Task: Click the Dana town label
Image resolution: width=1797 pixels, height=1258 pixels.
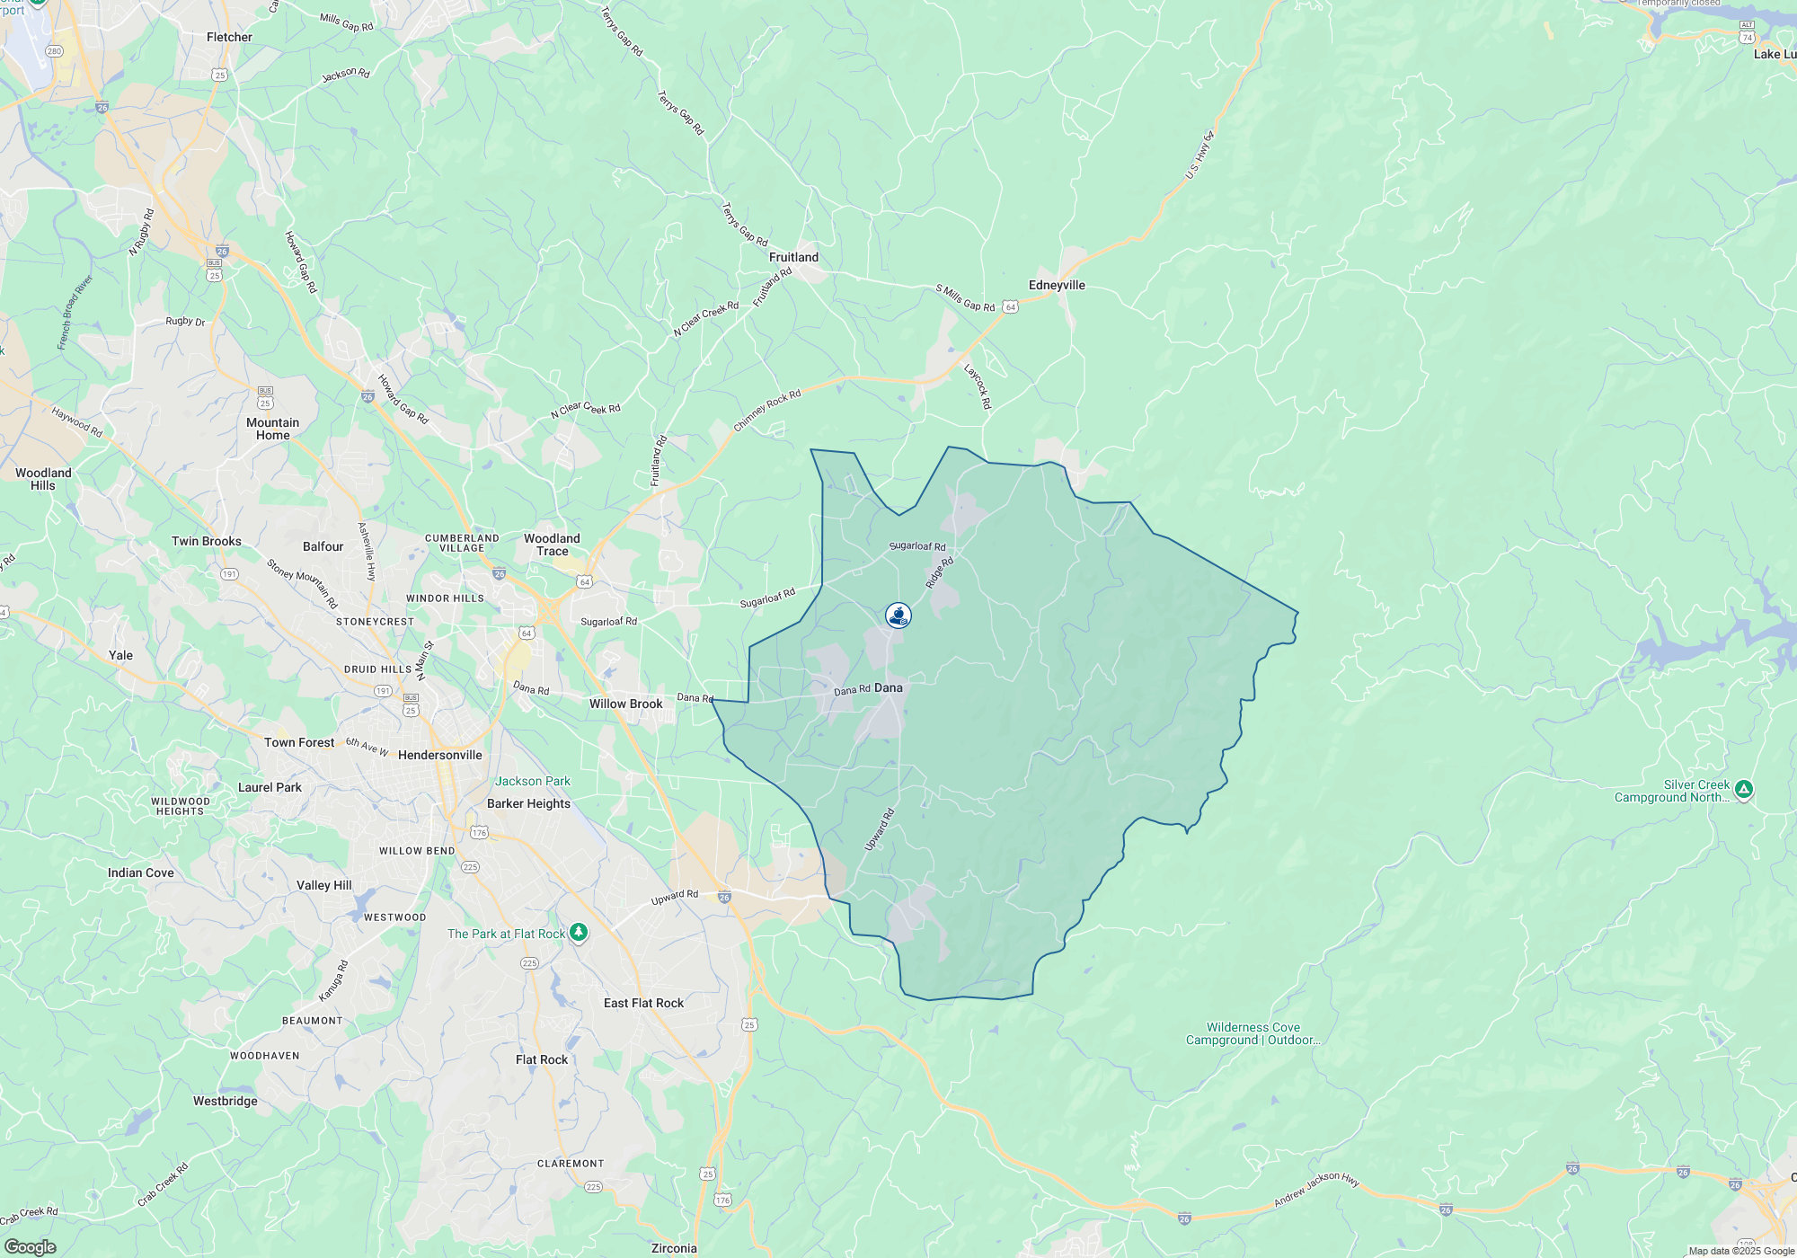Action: [888, 688]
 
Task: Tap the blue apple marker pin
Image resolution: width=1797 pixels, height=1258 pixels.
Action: [898, 616]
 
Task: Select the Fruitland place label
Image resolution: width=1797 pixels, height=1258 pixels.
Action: [793, 258]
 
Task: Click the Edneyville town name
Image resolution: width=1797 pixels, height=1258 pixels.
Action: [1057, 286]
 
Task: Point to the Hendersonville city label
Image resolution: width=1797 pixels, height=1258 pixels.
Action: [439, 756]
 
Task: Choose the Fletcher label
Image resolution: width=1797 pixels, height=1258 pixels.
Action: [229, 38]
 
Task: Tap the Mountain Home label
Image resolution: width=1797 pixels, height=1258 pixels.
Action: [272, 430]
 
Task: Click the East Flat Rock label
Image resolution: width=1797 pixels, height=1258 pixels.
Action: [643, 1004]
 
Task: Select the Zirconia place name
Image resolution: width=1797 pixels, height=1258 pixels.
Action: [673, 1248]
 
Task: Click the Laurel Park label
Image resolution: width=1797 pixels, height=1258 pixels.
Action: [270, 788]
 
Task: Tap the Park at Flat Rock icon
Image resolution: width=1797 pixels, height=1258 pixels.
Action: [580, 933]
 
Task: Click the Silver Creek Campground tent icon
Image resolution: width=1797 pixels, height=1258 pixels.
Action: [1744, 790]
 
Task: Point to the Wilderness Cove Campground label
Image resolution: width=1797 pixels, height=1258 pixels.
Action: [1253, 1034]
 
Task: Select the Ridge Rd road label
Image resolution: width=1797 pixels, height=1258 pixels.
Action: [940, 572]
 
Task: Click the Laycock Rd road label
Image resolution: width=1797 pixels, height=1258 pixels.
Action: [978, 386]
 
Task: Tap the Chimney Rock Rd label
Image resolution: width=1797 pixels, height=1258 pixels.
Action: [766, 411]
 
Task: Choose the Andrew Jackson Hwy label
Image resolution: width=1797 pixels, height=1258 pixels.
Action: [1316, 1190]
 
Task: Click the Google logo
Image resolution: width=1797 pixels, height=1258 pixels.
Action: [30, 1247]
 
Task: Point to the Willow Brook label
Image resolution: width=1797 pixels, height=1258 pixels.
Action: [625, 704]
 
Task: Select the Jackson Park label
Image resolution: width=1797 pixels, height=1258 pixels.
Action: [533, 782]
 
